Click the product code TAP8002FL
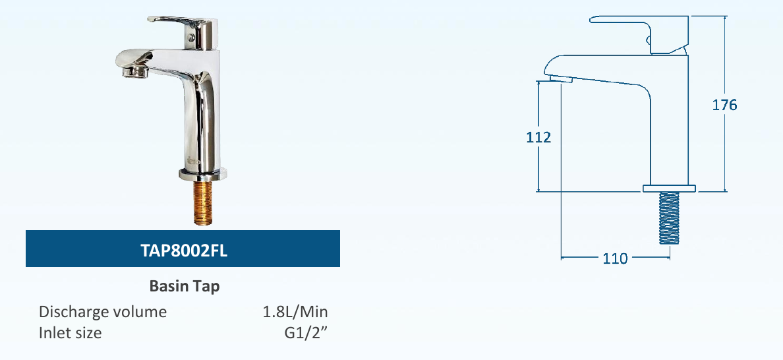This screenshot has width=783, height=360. [x=184, y=250]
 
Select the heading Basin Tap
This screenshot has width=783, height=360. [x=185, y=287]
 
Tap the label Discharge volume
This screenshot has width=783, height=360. [x=103, y=312]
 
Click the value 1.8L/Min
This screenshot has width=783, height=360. [x=295, y=312]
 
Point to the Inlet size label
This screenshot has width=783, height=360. [x=71, y=333]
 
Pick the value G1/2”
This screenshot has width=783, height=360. [x=306, y=333]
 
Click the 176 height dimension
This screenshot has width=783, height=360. [x=724, y=105]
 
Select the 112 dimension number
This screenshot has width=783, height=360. [x=538, y=138]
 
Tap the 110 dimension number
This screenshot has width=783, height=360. [x=615, y=258]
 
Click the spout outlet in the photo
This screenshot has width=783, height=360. [x=134, y=71]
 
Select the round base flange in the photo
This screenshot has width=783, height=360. [x=203, y=175]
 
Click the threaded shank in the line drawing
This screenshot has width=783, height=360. [x=669, y=218]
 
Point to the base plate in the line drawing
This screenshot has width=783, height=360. [x=669, y=189]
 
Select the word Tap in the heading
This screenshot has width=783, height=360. [x=207, y=287]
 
